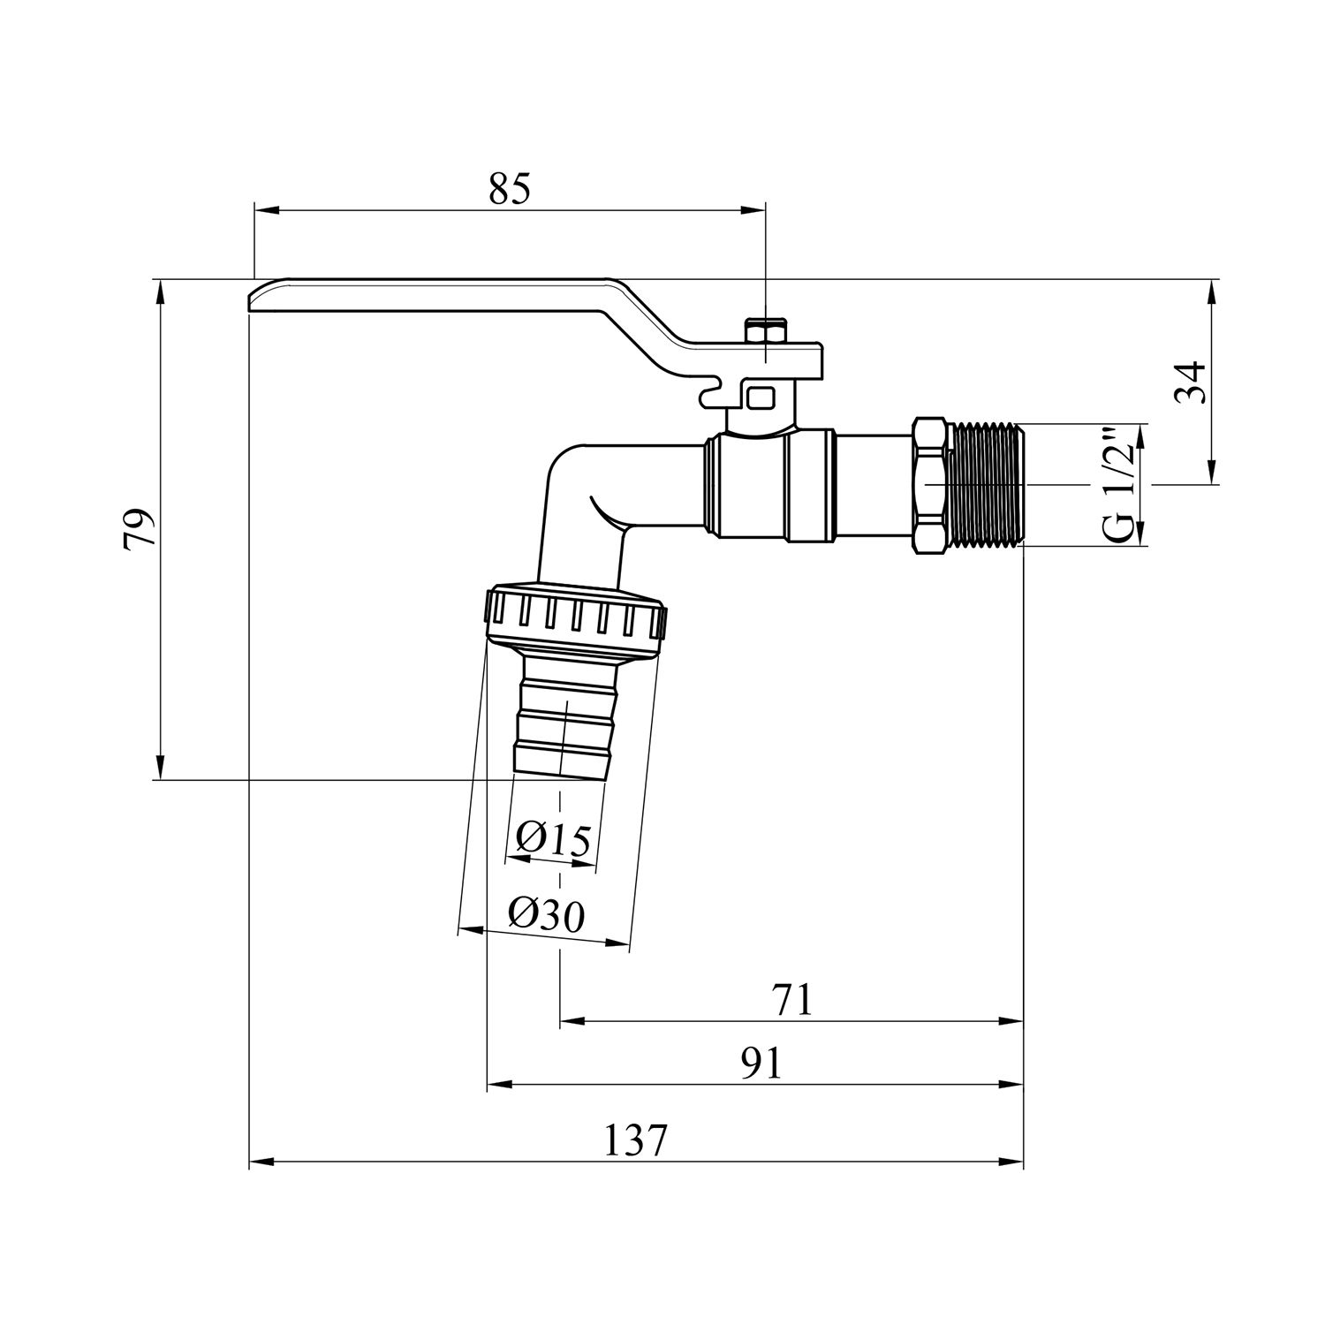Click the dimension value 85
pos(510,188)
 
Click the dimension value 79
pos(141,530)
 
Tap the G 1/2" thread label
pos(1118,485)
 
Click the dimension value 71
pos(791,1000)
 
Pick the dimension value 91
pos(761,1064)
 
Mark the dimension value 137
pos(635,1141)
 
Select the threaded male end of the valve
pos(988,485)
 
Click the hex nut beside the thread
pos(932,485)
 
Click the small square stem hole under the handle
pos(758,396)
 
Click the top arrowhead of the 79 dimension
pos(160,290)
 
